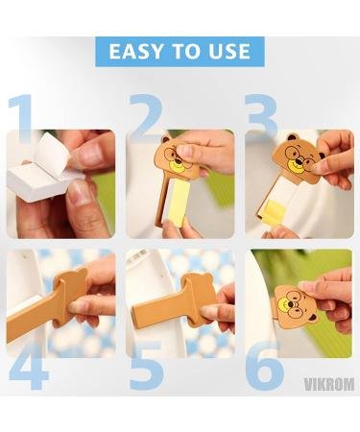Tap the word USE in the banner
coord(229,51)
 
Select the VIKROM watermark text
coord(329,384)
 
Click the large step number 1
coord(21,118)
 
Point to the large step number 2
coord(146,118)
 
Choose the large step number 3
coord(261,115)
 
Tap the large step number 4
coord(28,366)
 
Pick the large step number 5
coord(147,366)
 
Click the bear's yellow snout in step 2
coord(176,166)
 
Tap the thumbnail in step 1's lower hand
coord(78,193)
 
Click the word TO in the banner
coord(185,51)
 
